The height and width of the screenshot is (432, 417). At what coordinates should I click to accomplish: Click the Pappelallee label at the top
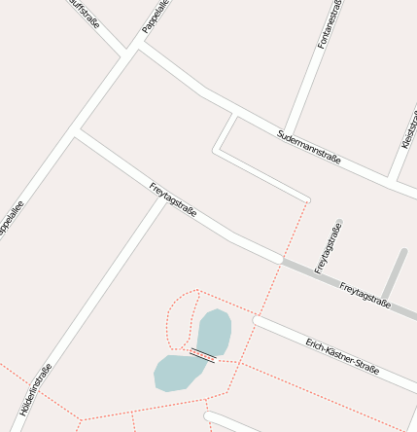tap(156, 18)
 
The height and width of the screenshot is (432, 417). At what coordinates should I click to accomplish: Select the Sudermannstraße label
tap(309, 146)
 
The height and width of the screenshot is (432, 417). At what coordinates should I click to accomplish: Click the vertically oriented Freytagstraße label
tap(328, 247)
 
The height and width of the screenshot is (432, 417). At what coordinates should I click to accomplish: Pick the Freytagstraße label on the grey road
tap(365, 295)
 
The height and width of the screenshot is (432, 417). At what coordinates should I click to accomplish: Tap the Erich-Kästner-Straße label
tap(341, 356)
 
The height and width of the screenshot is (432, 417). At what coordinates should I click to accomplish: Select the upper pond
tap(214, 332)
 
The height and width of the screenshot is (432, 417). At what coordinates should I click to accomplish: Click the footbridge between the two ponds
tap(202, 354)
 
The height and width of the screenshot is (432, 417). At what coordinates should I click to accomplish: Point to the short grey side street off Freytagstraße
tap(395, 274)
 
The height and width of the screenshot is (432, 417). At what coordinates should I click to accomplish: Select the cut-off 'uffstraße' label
tap(86, 14)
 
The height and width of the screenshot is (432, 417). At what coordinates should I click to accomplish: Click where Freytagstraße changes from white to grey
tap(281, 261)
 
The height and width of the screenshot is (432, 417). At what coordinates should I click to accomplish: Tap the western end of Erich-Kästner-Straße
tap(258, 319)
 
